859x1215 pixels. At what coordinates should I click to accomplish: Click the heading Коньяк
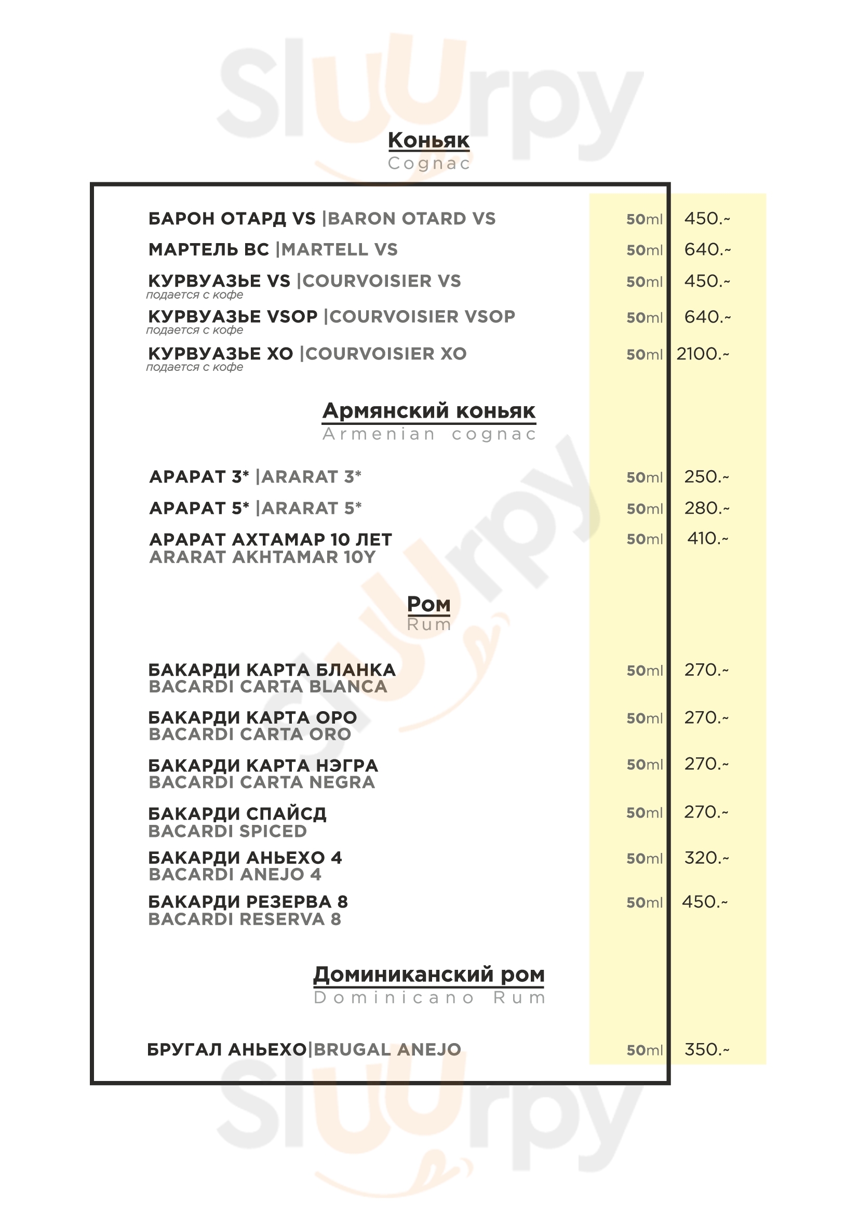(x=428, y=140)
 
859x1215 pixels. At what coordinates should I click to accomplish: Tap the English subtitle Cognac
(x=428, y=164)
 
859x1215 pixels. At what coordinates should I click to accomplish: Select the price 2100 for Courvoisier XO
(x=702, y=354)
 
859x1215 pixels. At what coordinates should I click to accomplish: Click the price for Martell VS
(x=707, y=249)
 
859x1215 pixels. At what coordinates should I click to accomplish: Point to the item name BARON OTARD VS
(x=412, y=219)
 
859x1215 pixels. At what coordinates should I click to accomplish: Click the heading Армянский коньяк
(x=428, y=411)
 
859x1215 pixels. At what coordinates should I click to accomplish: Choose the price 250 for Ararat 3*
(x=706, y=477)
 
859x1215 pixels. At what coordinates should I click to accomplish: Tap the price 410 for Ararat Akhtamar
(x=707, y=539)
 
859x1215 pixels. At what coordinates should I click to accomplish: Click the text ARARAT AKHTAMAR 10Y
(x=262, y=557)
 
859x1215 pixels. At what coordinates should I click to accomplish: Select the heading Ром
(x=428, y=604)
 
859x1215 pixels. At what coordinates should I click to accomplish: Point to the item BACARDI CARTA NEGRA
(x=262, y=782)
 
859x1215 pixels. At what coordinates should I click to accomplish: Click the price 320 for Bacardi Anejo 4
(x=706, y=858)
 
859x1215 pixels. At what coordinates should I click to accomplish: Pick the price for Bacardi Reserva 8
(x=705, y=902)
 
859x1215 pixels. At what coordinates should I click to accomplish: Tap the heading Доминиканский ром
(x=428, y=974)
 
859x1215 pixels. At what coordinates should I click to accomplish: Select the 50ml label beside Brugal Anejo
(x=644, y=1050)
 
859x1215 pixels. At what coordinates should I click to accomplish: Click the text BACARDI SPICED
(x=227, y=831)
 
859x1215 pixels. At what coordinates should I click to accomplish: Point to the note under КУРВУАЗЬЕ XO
(x=195, y=367)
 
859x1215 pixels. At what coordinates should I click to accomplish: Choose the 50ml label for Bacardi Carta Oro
(x=644, y=718)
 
